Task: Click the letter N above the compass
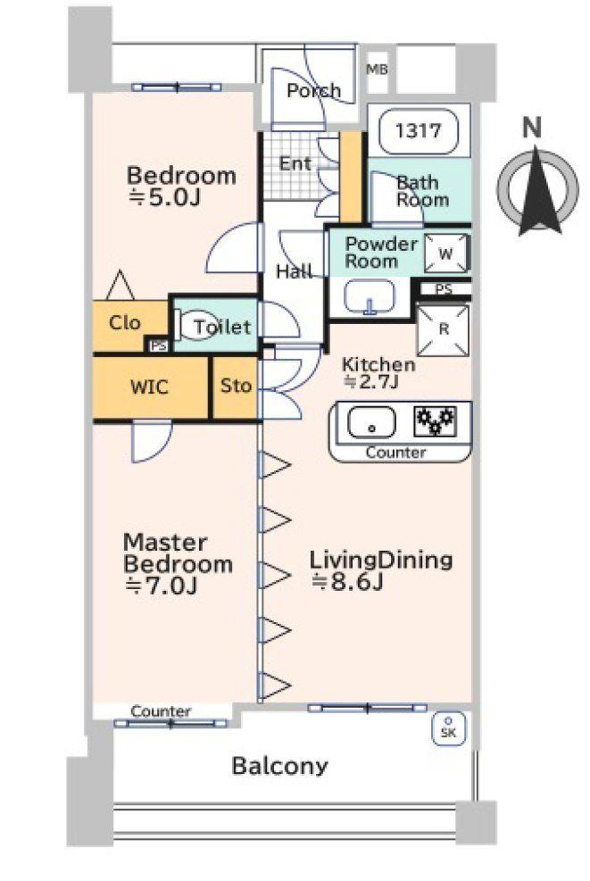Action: pos(533,129)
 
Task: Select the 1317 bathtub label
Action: pos(418,131)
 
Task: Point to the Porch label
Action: pos(313,90)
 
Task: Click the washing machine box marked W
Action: pos(445,253)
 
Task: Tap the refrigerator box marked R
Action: pos(444,327)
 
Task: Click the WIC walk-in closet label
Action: pos(150,387)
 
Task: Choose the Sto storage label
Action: pos(236,386)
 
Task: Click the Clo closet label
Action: pos(125,322)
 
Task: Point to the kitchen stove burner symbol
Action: pos(434,419)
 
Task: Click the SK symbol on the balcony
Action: pos(448,728)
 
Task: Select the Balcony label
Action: pos(279,766)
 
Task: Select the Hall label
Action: pos(294,272)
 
